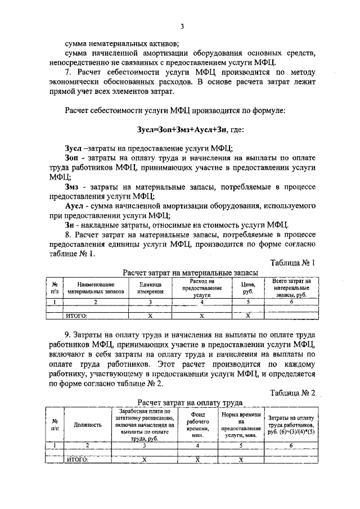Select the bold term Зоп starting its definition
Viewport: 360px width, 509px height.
click(x=73, y=159)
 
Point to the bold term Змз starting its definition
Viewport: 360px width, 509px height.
click(x=73, y=186)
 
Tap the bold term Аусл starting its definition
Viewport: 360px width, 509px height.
click(x=75, y=206)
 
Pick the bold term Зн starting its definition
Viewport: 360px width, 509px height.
click(x=71, y=224)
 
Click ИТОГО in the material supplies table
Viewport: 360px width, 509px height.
click(x=77, y=316)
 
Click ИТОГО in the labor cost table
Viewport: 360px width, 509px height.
click(x=78, y=460)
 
